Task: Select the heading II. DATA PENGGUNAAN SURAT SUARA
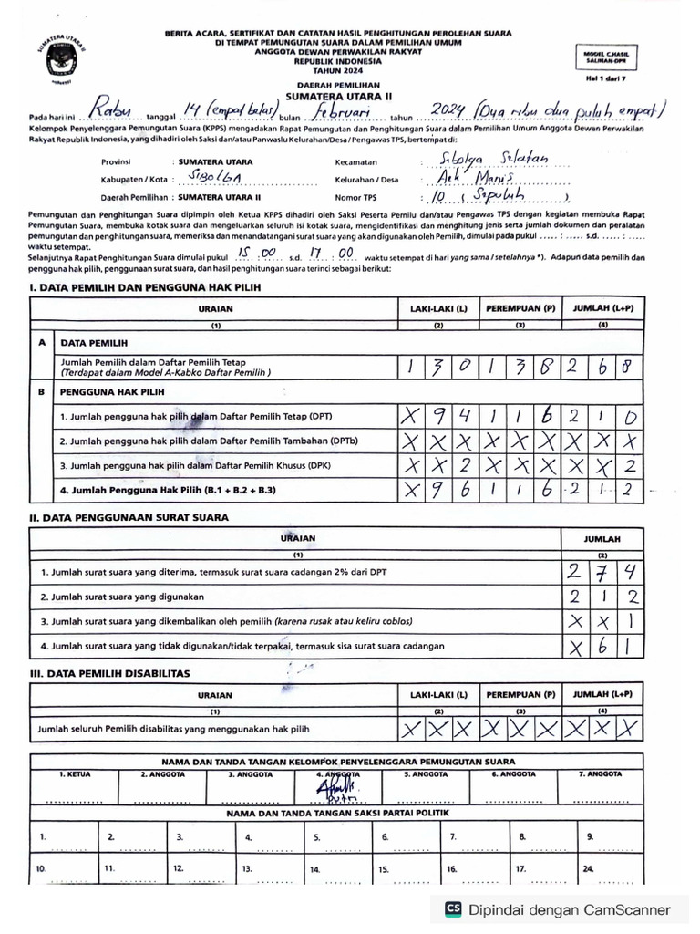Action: [129, 518]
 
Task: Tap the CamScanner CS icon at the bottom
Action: [453, 909]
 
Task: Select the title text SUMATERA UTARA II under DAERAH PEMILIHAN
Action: [336, 95]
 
